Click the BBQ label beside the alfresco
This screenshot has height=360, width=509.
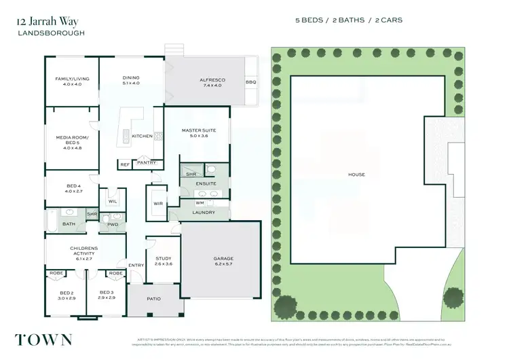(250, 82)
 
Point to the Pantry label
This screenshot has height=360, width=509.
(147, 163)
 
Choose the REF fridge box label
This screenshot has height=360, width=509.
(125, 164)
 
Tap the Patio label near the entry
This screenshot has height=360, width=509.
(154, 298)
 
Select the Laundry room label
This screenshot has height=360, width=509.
(204, 213)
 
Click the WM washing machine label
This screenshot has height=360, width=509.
(200, 202)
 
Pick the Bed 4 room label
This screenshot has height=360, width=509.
(73, 189)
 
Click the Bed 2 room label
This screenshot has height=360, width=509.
(65, 295)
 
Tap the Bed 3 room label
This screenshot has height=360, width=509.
(106, 295)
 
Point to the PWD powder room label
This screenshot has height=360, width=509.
(113, 223)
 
